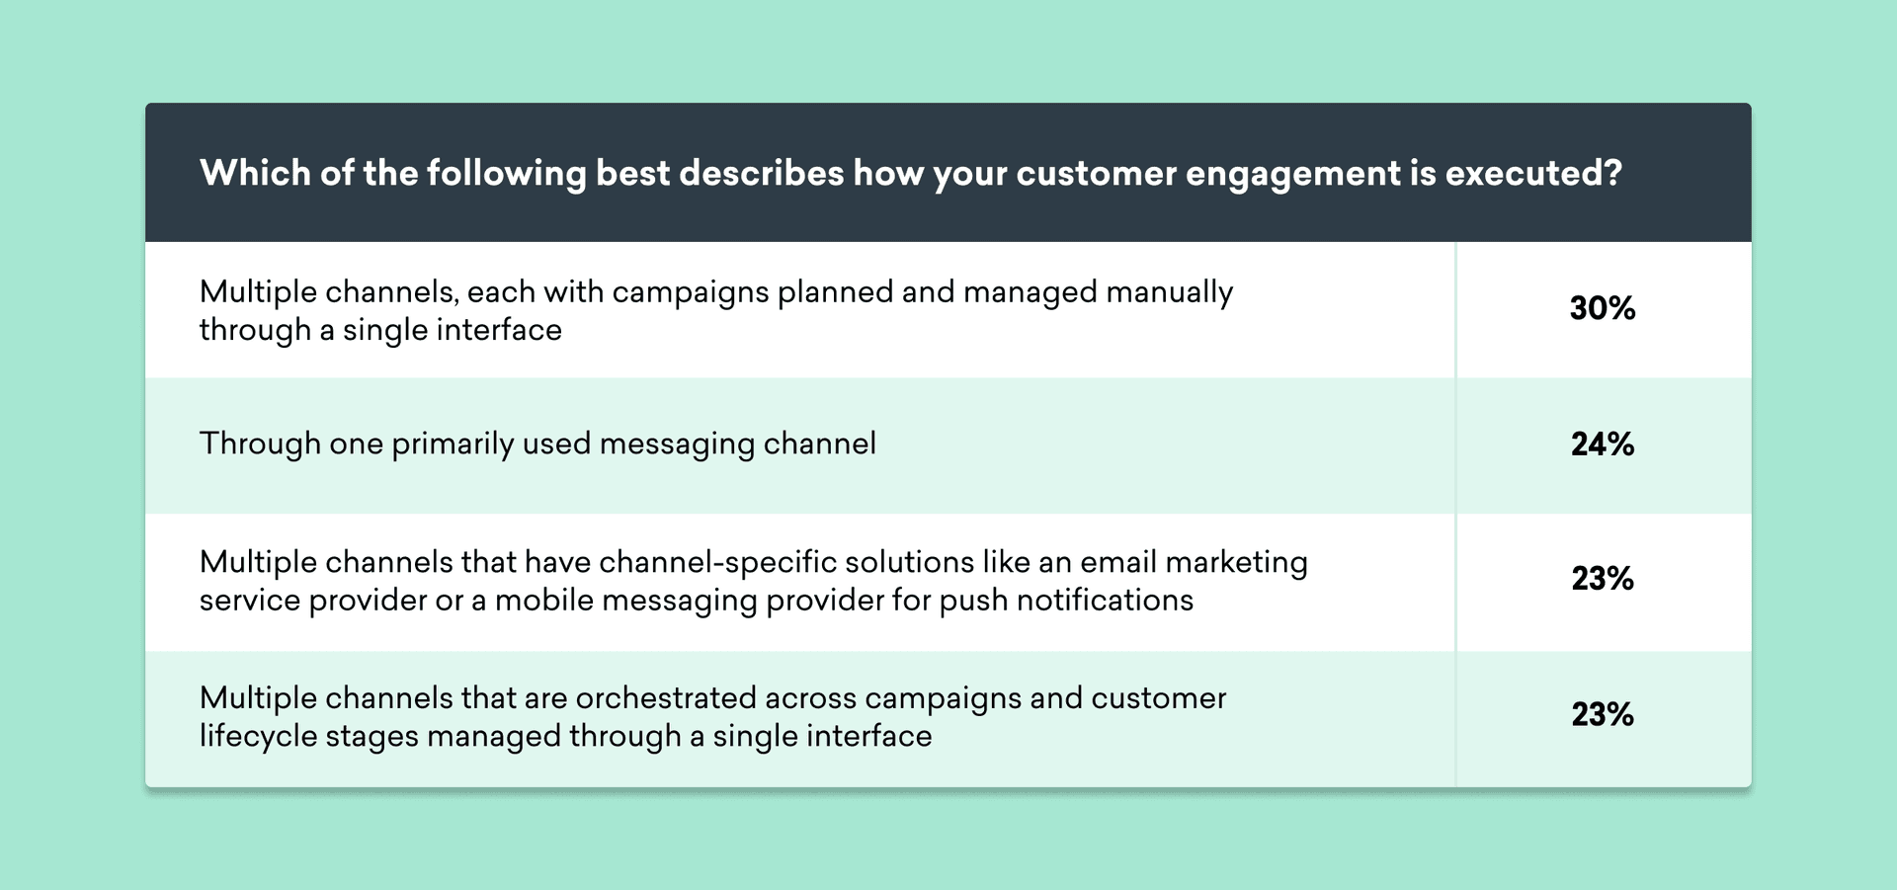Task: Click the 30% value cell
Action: (x=1603, y=308)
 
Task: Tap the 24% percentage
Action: (x=1603, y=445)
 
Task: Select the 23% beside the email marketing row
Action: (x=1603, y=579)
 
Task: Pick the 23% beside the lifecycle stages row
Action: (x=1603, y=714)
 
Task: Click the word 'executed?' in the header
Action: (x=1533, y=173)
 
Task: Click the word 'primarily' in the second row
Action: (x=453, y=445)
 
